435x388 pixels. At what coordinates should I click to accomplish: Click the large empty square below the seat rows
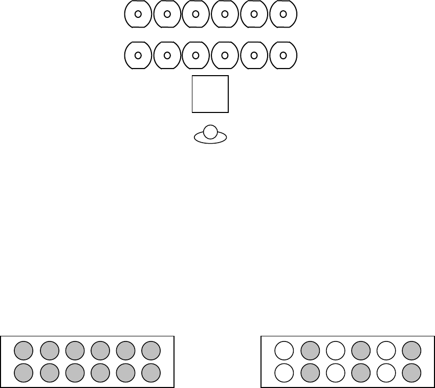210,94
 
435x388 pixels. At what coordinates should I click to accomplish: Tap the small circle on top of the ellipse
210,131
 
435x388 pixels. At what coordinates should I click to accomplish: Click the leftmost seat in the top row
138,14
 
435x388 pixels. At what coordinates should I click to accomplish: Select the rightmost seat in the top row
283,14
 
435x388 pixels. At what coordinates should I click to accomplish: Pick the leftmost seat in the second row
138,55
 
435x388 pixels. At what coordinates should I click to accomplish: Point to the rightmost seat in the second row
283,55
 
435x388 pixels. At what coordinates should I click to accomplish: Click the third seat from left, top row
196,14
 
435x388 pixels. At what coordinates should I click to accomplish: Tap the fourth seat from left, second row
225,55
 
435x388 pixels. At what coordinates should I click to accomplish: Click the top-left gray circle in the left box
24,350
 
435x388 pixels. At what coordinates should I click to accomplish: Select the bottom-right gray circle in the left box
151,373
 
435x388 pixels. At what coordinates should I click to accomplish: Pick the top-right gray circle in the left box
151,350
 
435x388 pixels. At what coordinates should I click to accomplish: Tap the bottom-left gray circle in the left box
24,373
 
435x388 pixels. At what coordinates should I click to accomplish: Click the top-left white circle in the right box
284,350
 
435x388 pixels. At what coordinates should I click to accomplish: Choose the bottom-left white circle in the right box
284,373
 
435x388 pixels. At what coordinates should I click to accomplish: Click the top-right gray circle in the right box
411,350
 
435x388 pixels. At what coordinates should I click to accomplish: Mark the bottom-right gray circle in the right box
411,373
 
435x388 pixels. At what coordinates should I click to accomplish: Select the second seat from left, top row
167,14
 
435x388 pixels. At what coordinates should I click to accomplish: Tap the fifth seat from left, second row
254,55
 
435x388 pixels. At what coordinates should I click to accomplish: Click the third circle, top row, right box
335,350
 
